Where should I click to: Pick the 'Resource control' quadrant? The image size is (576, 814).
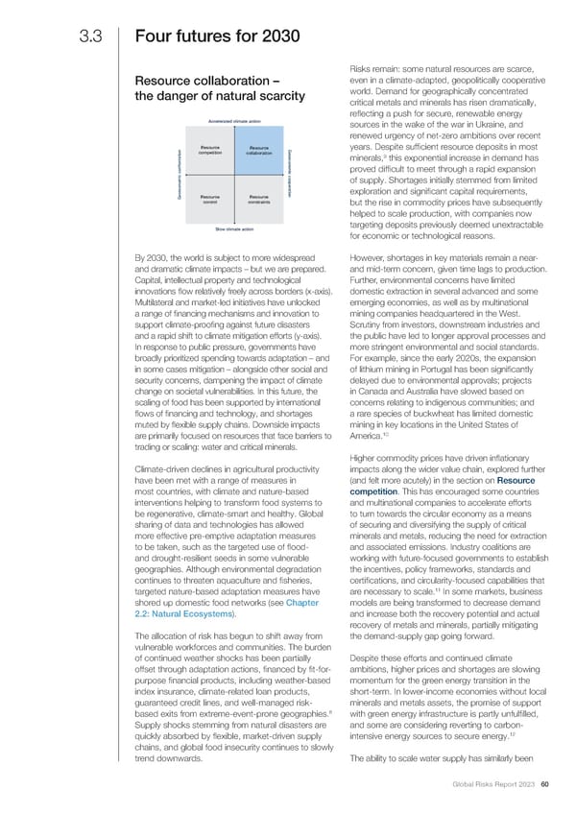click(x=211, y=199)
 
